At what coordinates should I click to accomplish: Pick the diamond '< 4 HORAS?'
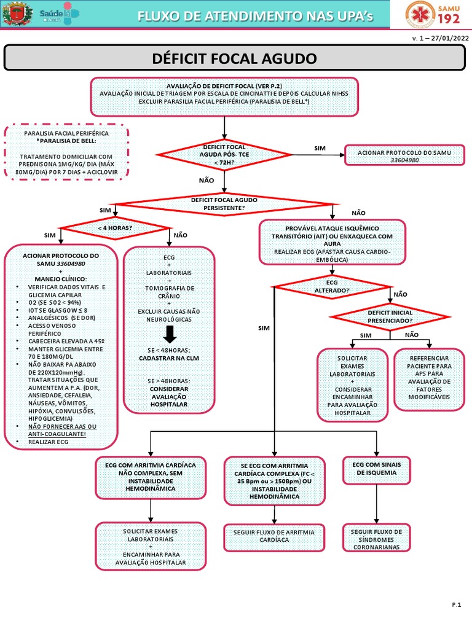coord(114,227)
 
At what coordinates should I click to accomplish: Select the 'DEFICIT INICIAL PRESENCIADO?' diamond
coord(390,316)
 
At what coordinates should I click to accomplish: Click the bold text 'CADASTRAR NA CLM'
coord(169,357)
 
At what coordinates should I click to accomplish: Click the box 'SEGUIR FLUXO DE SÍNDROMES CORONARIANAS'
coord(376,538)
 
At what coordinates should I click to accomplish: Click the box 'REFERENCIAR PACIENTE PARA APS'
coord(430,377)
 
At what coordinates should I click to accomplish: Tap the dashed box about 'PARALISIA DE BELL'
coord(66,152)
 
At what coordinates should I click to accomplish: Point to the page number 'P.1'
coord(456,606)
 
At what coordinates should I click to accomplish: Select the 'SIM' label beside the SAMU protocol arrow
coord(320,149)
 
